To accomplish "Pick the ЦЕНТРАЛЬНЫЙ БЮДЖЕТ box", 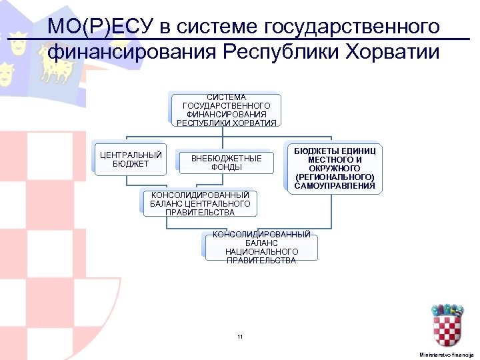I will (131, 160).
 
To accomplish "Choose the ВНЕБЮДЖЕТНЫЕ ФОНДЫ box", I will (227, 163).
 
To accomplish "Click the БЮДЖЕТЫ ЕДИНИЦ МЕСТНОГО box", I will (335, 168).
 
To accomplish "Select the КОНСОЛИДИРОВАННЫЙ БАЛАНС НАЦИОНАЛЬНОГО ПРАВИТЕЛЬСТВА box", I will (261, 247).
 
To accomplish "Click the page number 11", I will (240, 337).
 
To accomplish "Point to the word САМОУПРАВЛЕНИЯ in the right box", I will (335, 185).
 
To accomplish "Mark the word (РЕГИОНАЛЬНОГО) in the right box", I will (335, 177).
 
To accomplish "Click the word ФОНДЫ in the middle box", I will (227, 167).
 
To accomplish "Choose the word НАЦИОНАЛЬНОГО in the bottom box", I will (261, 251).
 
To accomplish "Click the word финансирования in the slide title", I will (131, 52).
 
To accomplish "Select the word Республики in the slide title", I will (269, 52).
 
